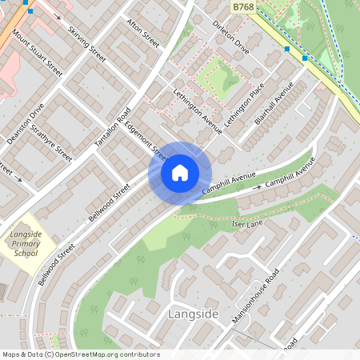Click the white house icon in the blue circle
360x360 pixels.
(x=180, y=173)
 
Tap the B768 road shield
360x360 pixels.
(x=243, y=7)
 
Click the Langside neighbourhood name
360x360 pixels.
(x=194, y=314)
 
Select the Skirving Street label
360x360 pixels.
(x=87, y=42)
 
